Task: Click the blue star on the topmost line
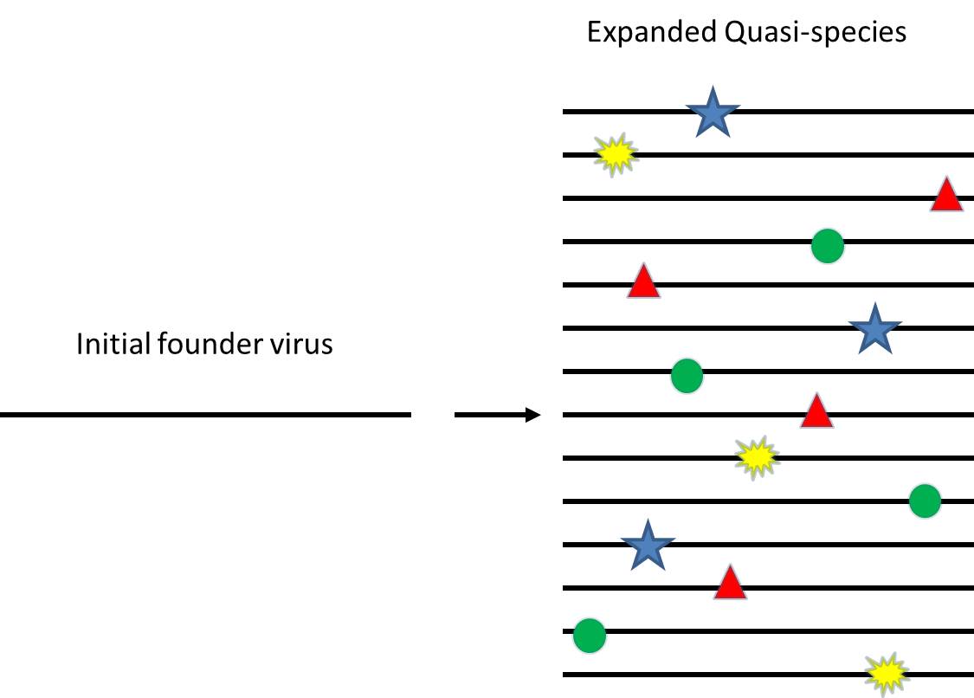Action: [712, 113]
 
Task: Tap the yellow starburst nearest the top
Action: [616, 154]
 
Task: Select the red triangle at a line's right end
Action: [946, 196]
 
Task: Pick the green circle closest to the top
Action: [827, 247]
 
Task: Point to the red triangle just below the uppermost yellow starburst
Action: [642, 282]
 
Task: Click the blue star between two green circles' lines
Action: [874, 330]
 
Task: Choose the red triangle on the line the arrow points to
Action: [816, 412]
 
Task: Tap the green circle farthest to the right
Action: [925, 501]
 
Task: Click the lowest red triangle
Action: [730, 585]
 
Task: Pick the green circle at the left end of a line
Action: [590, 636]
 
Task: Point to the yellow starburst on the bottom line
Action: [886, 674]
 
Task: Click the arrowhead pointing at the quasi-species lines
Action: [532, 415]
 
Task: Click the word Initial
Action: [114, 344]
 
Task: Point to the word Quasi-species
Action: [816, 34]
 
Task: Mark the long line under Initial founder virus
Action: [205, 415]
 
